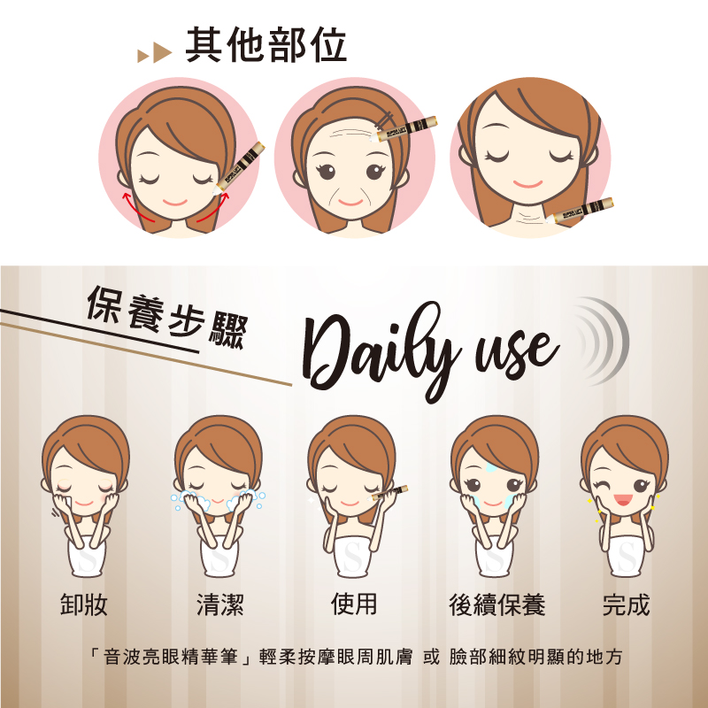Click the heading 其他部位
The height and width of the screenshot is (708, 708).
266,45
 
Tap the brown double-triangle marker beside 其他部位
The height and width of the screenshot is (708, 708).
154,53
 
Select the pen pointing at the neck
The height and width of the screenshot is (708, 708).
580,211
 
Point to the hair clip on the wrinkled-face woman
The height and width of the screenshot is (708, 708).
385,119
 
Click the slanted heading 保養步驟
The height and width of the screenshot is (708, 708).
168,316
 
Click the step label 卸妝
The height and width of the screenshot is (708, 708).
84,604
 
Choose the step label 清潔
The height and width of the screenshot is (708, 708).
219,604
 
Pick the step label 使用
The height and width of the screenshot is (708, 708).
354,604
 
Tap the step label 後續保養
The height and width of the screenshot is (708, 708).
497,604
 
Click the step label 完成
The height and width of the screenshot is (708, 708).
627,604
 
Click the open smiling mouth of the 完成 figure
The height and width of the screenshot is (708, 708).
623,499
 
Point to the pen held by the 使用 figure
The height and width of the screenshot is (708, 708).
389,492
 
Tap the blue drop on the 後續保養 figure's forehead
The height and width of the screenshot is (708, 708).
491,467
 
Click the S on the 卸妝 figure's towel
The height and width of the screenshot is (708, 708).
86,558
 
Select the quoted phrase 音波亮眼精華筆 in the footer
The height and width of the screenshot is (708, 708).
170,658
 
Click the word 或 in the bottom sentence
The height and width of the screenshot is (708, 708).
431,658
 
